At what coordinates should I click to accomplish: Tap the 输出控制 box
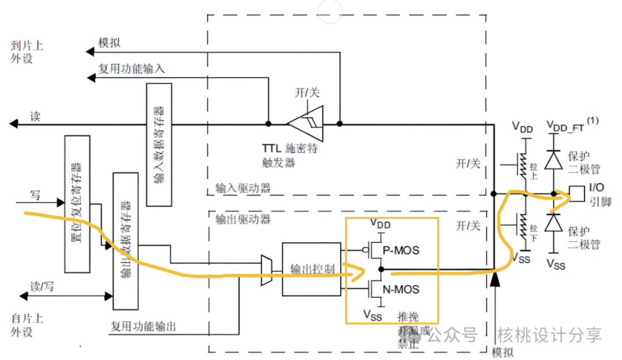[x=311, y=269]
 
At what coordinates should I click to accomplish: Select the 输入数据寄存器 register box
[x=159, y=144]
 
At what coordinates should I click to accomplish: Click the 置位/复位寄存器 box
[x=77, y=204]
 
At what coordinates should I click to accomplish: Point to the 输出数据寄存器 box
[x=126, y=240]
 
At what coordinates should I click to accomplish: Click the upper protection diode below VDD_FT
[x=554, y=160]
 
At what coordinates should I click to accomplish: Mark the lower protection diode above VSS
[x=554, y=222]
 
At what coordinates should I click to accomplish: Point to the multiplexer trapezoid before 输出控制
[x=266, y=270]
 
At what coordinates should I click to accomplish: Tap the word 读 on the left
[x=35, y=116]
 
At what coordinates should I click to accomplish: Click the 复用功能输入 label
[x=131, y=69]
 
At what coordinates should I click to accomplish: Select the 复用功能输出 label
[x=143, y=327]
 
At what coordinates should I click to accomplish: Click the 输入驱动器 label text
[x=242, y=188]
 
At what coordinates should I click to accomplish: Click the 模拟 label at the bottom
[x=503, y=352]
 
